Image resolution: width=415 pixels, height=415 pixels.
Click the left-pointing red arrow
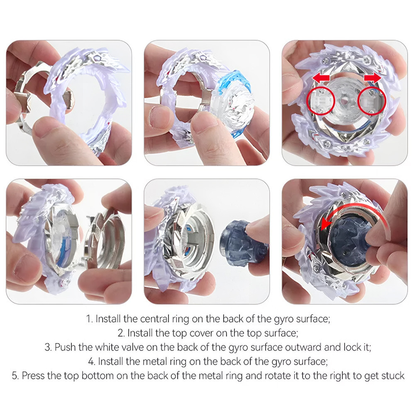coord(321,78)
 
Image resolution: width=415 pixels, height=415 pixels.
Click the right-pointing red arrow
coord(373,78)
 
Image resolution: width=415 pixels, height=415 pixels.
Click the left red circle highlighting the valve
coord(320,100)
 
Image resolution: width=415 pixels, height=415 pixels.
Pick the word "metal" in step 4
coord(154,361)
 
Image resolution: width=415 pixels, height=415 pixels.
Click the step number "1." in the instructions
coord(90,319)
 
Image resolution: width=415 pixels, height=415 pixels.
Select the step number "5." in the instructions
coord(15,376)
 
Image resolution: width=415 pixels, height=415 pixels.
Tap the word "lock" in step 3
coord(352,347)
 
